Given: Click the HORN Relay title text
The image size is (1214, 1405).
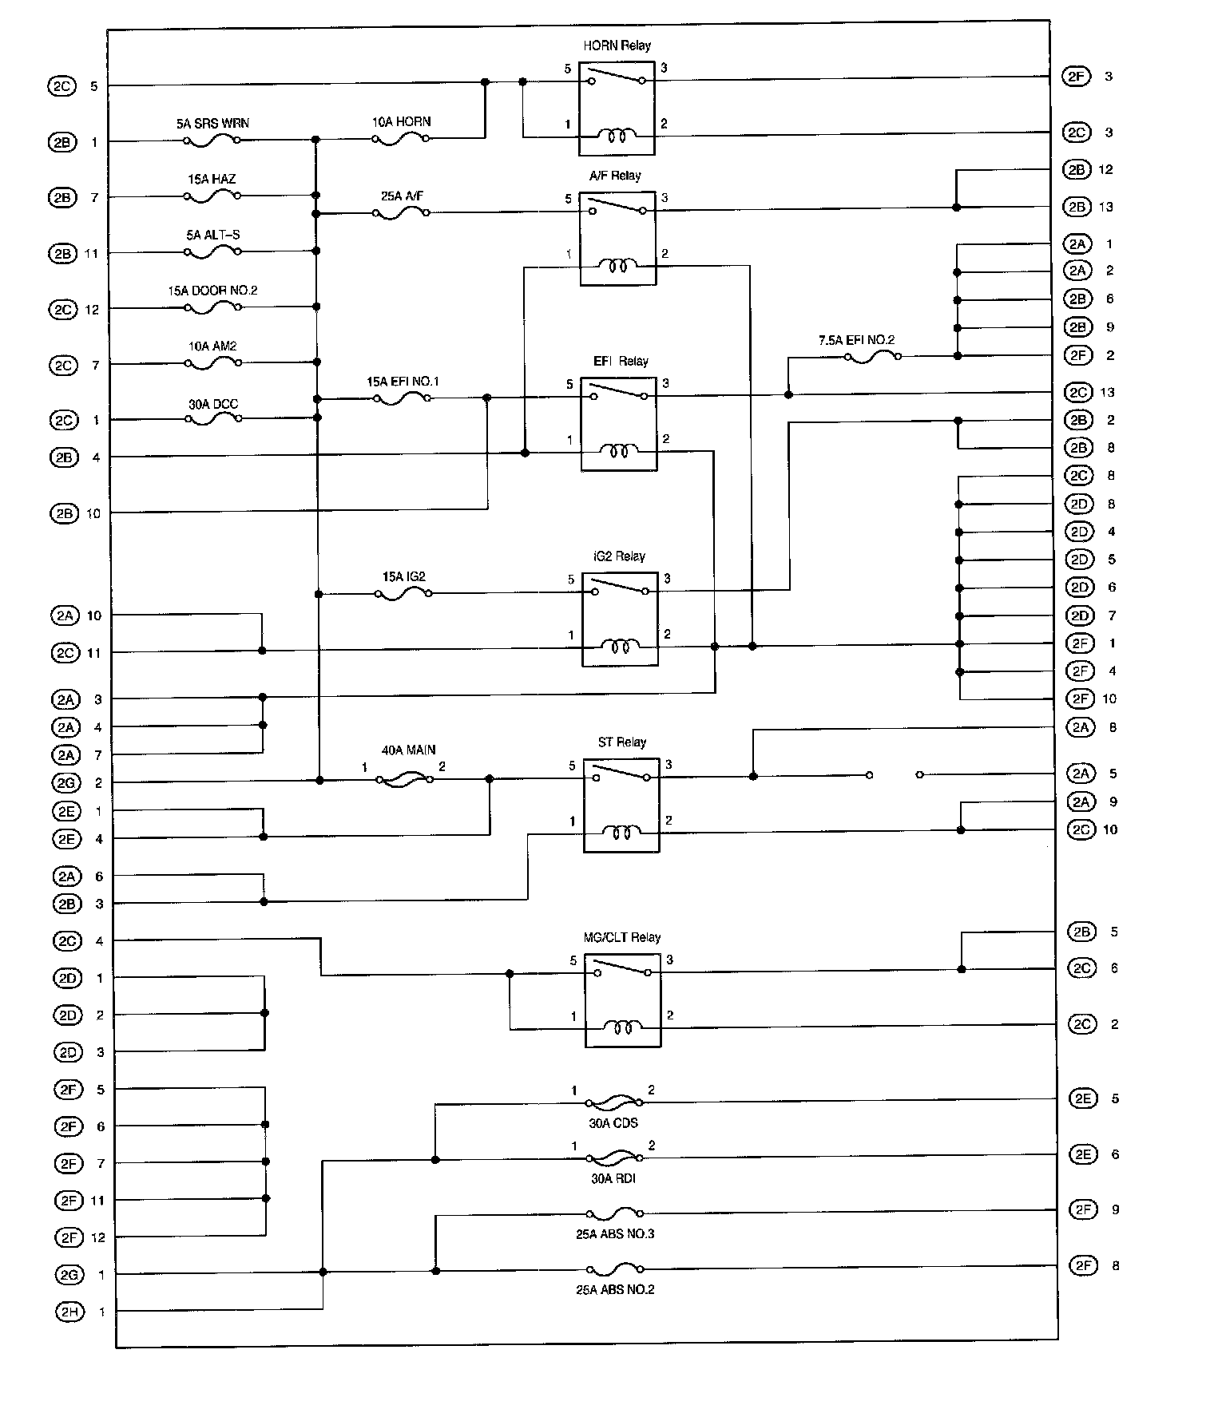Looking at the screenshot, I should pos(617,46).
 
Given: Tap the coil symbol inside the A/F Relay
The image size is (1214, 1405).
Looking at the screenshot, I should pos(618,266).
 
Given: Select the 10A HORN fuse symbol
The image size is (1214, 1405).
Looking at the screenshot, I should pos(401,138).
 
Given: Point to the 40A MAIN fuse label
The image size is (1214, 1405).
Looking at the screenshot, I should pos(409,750).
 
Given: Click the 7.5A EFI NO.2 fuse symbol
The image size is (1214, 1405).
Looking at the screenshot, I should pos(872,357).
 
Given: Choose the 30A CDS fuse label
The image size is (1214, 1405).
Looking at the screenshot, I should pos(613,1122).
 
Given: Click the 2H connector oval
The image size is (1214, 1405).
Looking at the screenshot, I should pos(69,1312).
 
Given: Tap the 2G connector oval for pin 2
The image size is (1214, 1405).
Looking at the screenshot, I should pos(67,783).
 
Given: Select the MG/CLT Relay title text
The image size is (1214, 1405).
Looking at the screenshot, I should pos(622,937).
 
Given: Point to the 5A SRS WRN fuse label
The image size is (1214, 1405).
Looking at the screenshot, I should pos(212,124).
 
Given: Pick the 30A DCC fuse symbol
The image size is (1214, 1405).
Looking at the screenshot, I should pos(213,418).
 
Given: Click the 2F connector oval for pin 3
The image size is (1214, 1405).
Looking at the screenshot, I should pos(1077,77).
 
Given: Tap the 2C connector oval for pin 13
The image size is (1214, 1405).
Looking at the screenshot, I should pos(1078,393).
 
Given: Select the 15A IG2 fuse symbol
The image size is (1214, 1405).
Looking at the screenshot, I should pos(403,594).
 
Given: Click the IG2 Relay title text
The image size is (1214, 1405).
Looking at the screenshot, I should pos(620,556).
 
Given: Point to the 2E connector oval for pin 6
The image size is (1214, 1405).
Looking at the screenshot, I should pos(1082,1154).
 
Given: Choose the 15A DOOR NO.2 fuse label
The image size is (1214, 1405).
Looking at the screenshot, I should pos(212,291).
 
